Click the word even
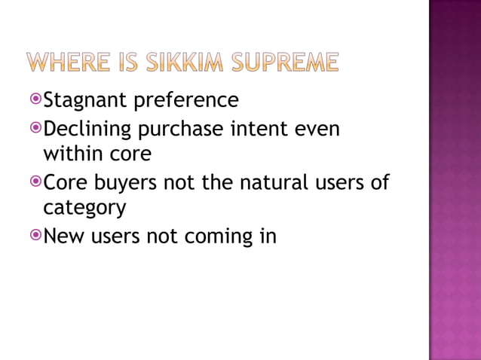pos(320,130)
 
